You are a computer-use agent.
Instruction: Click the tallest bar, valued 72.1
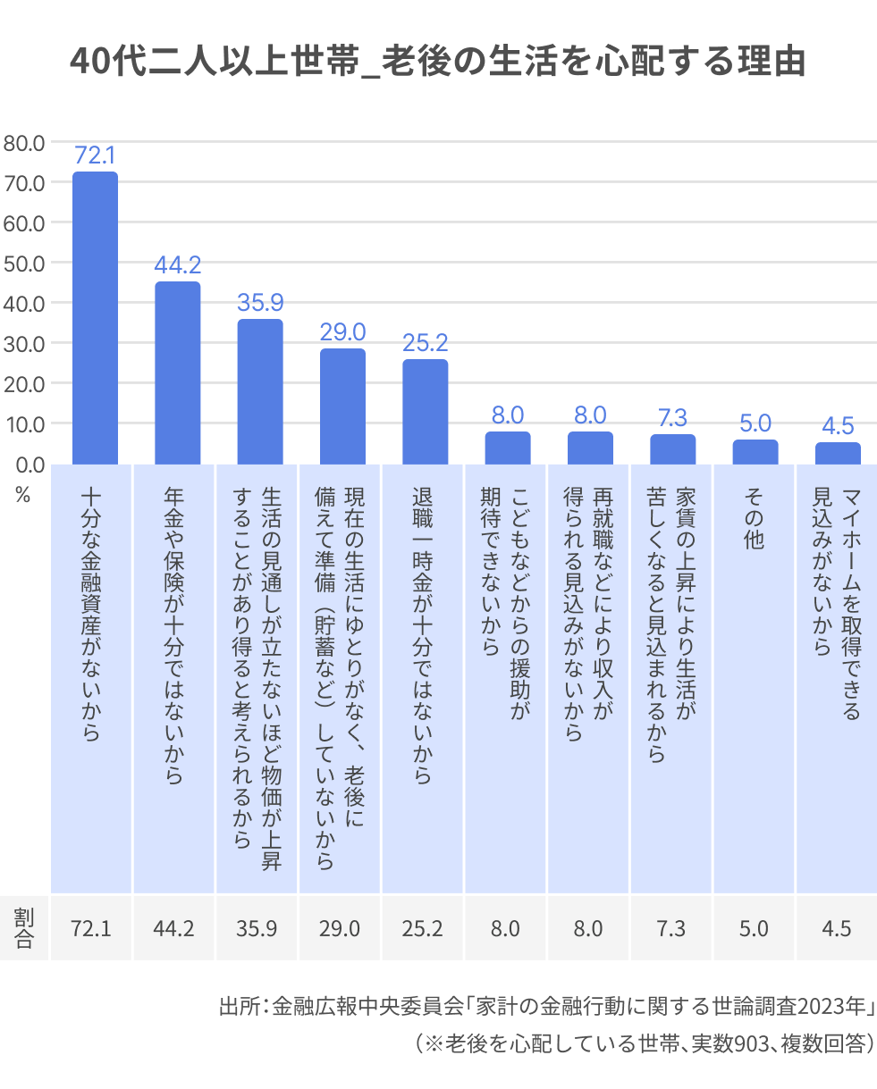click(95, 317)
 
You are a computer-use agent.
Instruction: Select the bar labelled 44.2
click(177, 373)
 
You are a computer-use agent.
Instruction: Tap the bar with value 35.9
click(260, 391)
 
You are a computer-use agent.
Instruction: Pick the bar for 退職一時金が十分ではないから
click(425, 411)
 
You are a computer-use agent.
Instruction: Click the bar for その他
click(755, 451)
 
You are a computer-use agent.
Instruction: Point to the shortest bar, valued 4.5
click(838, 453)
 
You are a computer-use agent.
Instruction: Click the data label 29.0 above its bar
click(342, 332)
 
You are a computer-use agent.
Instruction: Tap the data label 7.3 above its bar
click(672, 417)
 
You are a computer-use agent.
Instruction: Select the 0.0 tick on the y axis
click(28, 464)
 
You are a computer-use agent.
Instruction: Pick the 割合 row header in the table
click(23, 928)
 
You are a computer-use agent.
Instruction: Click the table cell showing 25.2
click(423, 928)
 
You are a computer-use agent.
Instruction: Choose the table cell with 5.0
click(754, 928)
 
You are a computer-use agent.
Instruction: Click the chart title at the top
click(438, 62)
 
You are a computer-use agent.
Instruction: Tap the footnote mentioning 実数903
click(643, 1043)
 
